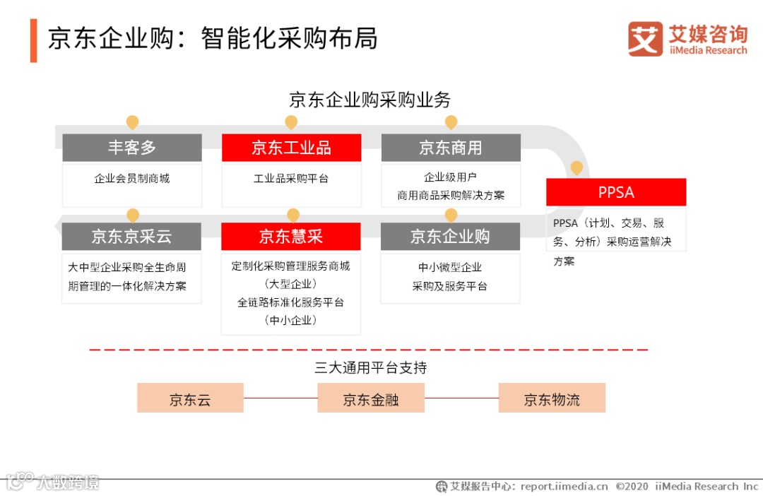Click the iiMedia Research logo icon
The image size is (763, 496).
point(645,39)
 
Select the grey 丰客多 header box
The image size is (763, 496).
point(132,148)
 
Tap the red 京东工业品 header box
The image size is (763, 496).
point(291,148)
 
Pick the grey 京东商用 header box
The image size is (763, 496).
point(451,148)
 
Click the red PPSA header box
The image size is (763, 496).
point(616,192)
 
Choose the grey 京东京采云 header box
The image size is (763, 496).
point(132,236)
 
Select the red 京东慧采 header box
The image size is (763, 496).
point(291,236)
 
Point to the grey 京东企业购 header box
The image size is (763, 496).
point(451,236)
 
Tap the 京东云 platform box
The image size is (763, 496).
point(190,398)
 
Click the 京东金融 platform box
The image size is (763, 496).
point(371,398)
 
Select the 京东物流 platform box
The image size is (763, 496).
point(552,398)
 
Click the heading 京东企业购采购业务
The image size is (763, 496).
point(369,100)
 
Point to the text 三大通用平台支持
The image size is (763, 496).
point(371,367)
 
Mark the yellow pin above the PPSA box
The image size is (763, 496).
point(576,168)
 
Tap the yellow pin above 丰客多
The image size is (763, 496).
point(132,122)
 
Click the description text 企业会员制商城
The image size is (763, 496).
point(132,179)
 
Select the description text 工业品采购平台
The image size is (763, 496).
point(291,179)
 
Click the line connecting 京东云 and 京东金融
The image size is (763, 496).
point(280,398)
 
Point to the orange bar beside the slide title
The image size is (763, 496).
point(33,40)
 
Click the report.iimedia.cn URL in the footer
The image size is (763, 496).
point(564,486)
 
